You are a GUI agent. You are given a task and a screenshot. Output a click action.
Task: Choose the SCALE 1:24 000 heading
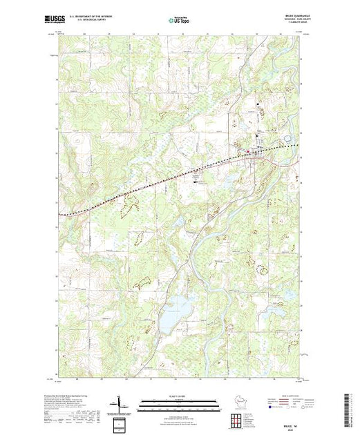178,396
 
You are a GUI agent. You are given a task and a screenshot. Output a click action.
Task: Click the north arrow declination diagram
120,402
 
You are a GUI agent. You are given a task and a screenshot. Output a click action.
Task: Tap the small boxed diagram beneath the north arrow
122,423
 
